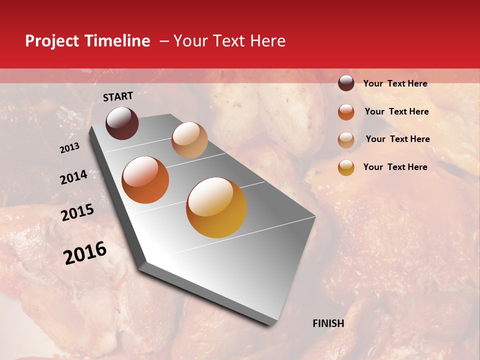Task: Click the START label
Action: click(x=118, y=96)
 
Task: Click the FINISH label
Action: click(x=328, y=323)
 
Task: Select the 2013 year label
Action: click(x=70, y=148)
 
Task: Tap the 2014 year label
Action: click(x=73, y=177)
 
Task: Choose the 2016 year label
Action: click(x=85, y=252)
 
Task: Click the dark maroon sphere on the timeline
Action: click(x=122, y=123)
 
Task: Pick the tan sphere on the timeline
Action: click(x=189, y=140)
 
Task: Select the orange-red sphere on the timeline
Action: click(x=145, y=180)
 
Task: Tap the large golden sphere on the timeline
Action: click(x=216, y=207)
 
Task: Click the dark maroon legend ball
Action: click(x=346, y=83)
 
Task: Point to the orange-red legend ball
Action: click(x=346, y=111)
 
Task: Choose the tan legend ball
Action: click(x=346, y=139)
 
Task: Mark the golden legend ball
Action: click(x=346, y=167)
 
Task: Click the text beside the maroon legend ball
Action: click(x=395, y=84)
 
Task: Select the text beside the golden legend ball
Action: click(x=395, y=167)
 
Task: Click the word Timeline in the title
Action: click(x=117, y=41)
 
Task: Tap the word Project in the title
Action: click(x=51, y=41)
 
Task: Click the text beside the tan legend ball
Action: click(x=397, y=139)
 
